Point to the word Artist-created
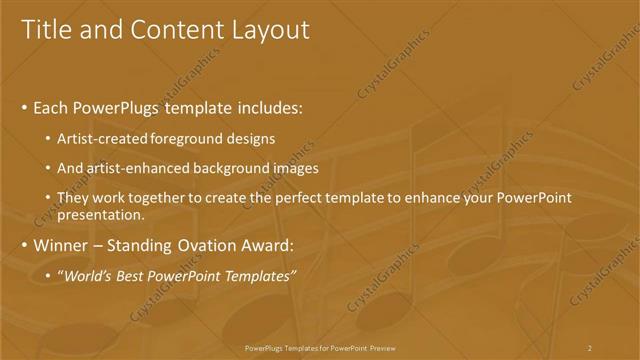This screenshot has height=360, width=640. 102,139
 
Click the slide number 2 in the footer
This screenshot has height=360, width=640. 589,347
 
